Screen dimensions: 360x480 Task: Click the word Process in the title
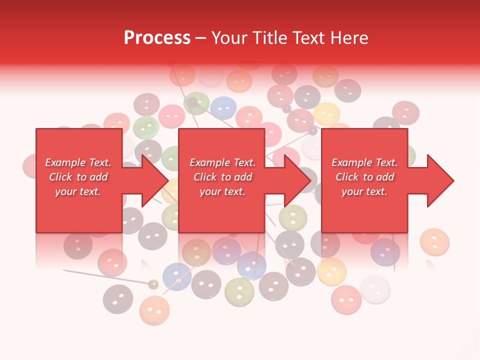(x=157, y=37)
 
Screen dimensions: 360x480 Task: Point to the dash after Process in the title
(x=200, y=38)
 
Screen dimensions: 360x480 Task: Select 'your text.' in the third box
(x=364, y=191)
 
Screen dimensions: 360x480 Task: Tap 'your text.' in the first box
(x=78, y=191)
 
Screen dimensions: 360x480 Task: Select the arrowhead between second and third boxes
(x=297, y=180)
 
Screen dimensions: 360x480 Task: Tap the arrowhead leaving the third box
(x=439, y=180)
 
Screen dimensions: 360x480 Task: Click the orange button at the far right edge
(x=434, y=242)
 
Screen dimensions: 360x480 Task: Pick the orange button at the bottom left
(x=154, y=310)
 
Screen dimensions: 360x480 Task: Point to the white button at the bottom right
(x=375, y=289)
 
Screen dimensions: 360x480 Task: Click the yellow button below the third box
(x=331, y=270)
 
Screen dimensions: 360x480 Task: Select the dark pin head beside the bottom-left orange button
(x=153, y=284)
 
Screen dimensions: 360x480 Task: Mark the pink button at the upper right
(x=405, y=113)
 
